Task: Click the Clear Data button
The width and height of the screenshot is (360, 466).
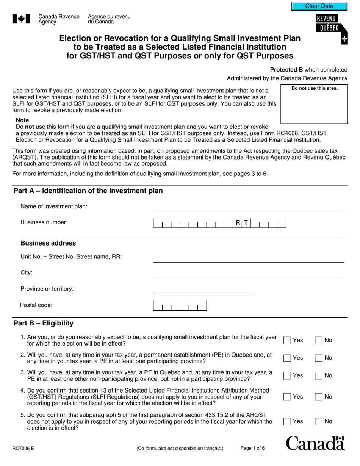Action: point(319,6)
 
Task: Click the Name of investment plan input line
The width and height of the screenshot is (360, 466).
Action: point(248,207)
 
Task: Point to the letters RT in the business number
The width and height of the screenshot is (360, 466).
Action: point(241,223)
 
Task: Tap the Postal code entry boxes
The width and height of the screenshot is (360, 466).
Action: point(180,305)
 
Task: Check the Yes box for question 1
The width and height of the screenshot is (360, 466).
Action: point(288,340)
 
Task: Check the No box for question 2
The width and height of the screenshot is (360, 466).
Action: point(319,358)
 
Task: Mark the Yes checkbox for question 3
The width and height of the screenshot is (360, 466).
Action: point(288,375)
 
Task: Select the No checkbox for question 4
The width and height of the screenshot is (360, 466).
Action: point(319,397)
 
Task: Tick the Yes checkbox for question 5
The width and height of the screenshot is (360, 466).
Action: point(288,421)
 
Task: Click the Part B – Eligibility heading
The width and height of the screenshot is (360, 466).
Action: point(44,323)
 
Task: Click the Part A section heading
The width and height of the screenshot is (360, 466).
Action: point(88,191)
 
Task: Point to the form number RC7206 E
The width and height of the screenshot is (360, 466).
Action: point(23,449)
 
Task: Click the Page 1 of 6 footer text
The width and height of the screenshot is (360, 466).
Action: point(252,448)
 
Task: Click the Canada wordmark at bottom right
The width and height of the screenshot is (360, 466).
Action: point(315,443)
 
